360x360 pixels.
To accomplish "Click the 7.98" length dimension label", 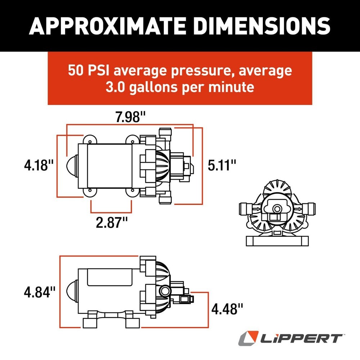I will click(x=130, y=117).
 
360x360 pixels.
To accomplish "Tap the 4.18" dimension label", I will click(x=39, y=166).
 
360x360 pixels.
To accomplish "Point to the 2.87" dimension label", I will click(x=112, y=222).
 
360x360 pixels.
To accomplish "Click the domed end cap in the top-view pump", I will click(x=73, y=166).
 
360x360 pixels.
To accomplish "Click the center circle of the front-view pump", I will click(x=276, y=209).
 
